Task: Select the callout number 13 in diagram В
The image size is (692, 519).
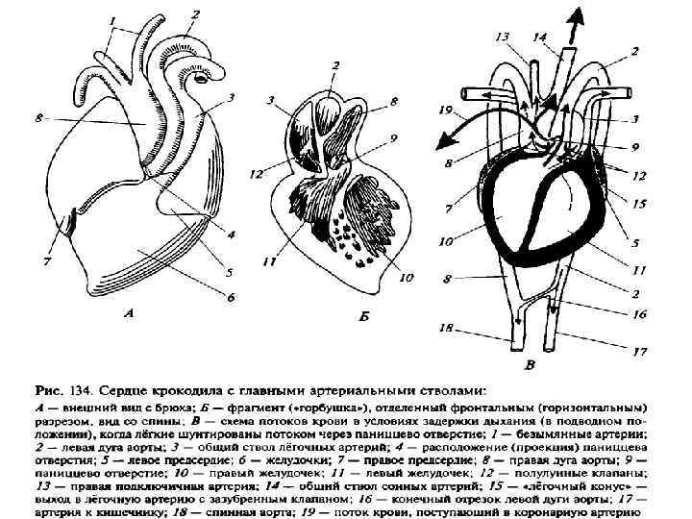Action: (x=502, y=37)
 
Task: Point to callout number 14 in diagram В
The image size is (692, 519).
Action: (x=540, y=36)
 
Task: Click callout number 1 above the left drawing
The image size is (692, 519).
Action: (x=113, y=19)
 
